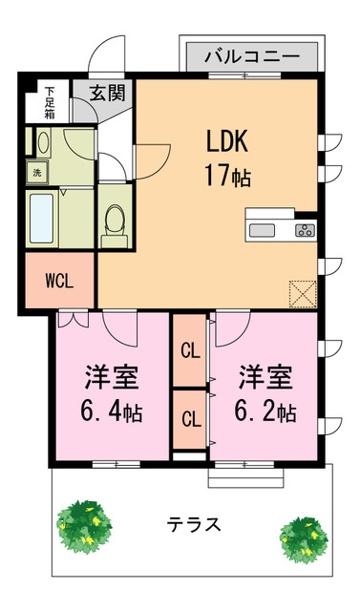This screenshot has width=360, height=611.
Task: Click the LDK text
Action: pos(227,140)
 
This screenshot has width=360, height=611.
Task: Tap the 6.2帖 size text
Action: pos(265,411)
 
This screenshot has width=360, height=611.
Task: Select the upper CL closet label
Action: pos(190,350)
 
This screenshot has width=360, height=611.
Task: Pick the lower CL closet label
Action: pos(190,418)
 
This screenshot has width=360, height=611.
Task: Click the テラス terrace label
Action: pos(194,524)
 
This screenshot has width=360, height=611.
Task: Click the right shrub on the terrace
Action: pos(305,538)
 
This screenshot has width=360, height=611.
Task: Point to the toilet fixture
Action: pos(114,222)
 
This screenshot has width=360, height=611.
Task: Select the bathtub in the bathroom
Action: pos(46,219)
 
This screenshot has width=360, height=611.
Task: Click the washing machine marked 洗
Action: pos(37,174)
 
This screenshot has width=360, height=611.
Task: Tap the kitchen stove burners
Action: pos(306,229)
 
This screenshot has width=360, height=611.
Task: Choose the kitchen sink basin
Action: pos(262,229)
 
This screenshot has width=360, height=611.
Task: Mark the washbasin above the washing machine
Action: pos(43,142)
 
